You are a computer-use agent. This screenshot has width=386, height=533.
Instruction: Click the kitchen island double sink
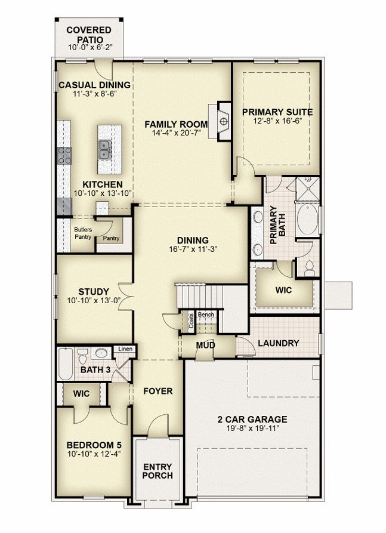pos(105,150)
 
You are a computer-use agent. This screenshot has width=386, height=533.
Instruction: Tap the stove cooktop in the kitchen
pos(64,155)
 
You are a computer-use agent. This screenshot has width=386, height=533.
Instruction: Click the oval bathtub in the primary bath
pos(307,219)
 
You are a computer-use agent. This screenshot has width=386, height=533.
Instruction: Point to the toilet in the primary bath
pos(309,268)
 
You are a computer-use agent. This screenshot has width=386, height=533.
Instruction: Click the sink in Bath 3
pos(101,353)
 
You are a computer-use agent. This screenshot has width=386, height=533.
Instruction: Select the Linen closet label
pos(125,349)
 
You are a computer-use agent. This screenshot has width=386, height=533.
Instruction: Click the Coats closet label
pos(192,321)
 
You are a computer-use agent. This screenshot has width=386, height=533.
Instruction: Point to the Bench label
pos(206,315)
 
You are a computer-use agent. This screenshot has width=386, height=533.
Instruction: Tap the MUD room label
pos(206,346)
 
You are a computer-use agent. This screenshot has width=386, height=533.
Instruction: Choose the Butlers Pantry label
pos(83,233)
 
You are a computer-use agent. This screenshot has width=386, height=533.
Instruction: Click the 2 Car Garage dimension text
pos(252,428)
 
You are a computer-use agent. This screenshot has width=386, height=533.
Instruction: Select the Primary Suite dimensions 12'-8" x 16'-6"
pos(277,121)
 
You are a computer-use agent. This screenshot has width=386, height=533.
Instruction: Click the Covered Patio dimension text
pos(89,47)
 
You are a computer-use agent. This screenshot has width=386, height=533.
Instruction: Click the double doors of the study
pos(126,297)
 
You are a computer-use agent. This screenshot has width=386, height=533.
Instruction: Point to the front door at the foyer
pos(158,425)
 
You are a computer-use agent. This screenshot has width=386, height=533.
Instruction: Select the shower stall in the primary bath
pos(307,189)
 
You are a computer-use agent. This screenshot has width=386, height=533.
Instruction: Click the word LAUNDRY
pos(279,343)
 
